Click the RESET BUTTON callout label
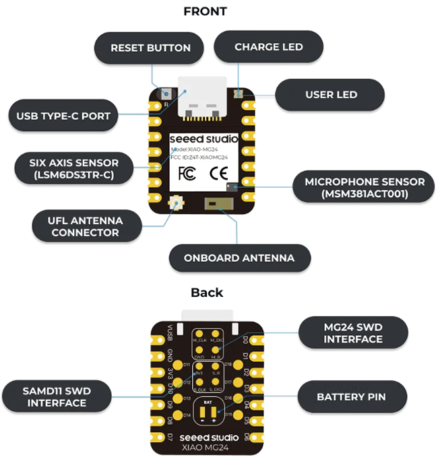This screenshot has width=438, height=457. (150, 48)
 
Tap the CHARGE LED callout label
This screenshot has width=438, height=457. (268, 47)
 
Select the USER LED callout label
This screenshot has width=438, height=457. (331, 95)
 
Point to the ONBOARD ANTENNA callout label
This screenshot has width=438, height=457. (239, 258)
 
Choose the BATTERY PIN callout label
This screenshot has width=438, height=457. (351, 396)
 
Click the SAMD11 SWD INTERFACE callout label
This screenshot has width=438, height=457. (57, 396)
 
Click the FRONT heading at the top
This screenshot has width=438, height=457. (205, 11)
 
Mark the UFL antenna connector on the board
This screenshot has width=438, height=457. (177, 201)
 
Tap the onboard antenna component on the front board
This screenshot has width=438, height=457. (214, 203)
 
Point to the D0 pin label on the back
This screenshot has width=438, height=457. (245, 340)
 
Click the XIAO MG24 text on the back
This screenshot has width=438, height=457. (208, 447)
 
